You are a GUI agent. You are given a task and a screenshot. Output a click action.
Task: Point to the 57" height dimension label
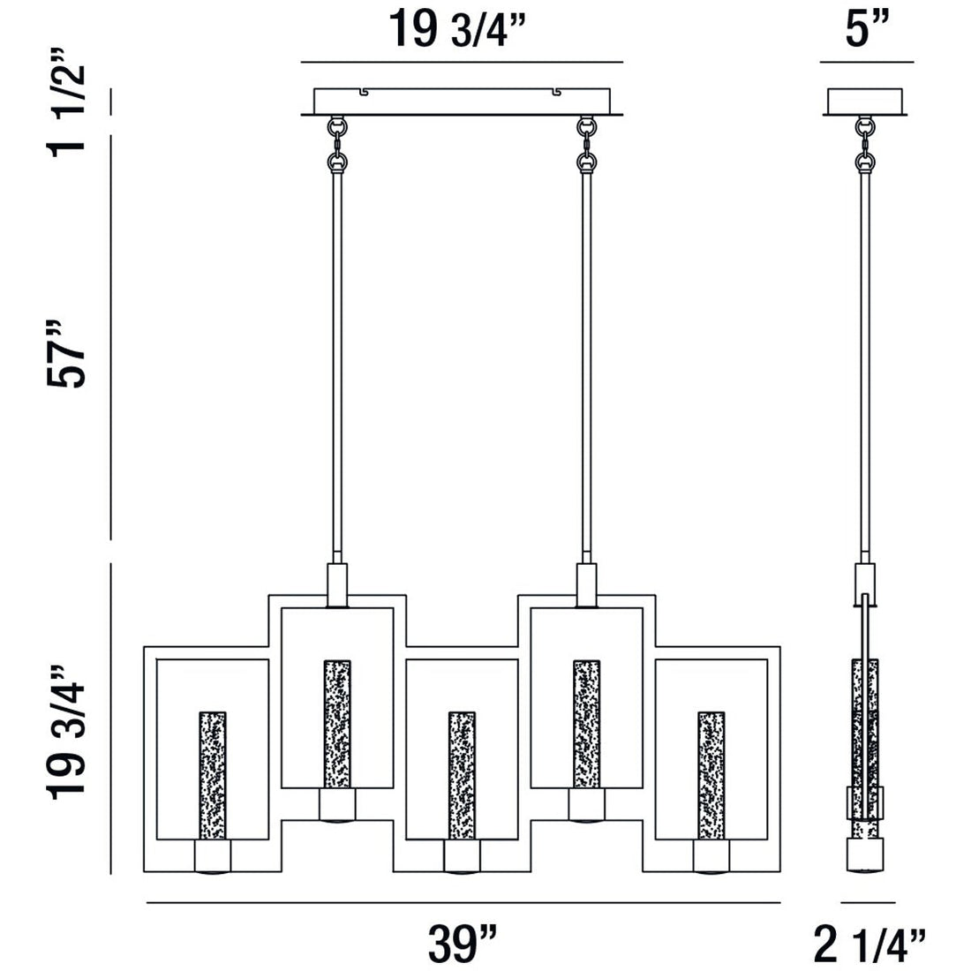point(69,353)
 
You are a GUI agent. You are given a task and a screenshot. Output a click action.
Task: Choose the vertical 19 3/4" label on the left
point(69,729)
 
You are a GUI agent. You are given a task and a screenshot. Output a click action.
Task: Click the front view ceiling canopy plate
point(462,101)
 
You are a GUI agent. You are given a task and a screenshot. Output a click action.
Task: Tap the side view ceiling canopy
point(865,102)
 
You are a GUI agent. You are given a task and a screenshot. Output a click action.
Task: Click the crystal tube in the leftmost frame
point(213,773)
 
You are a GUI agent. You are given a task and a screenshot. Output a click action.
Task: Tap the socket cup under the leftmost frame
point(213,855)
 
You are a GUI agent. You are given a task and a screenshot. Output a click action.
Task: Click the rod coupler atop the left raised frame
point(337,583)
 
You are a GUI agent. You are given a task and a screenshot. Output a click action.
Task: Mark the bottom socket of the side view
point(865,855)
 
